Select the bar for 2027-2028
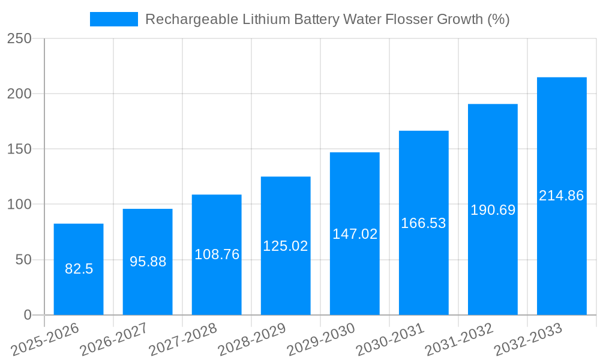(217, 282)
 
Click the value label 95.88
(148, 262)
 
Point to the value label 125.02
(286, 246)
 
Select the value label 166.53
(424, 223)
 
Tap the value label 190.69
(493, 210)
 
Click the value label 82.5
(79, 269)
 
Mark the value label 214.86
(562, 196)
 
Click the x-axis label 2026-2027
(114, 340)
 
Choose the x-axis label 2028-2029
(252, 340)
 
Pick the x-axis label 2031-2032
(459, 340)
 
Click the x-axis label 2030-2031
(390, 340)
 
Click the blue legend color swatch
(114, 19)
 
